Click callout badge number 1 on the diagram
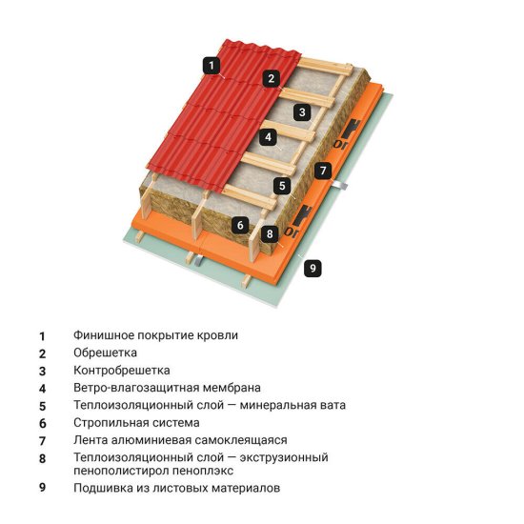(x=211, y=65)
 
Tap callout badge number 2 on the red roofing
(x=272, y=78)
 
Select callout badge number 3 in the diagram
(x=301, y=112)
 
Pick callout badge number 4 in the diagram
(x=270, y=137)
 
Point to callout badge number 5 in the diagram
(x=281, y=186)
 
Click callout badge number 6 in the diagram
(x=241, y=225)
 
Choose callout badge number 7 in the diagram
(x=323, y=171)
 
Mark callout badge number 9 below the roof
(x=311, y=269)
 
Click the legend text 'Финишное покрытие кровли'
(x=155, y=335)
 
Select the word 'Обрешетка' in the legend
(x=105, y=353)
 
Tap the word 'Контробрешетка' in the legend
(x=121, y=370)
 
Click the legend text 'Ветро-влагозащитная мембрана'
(x=167, y=388)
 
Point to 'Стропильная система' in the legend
(x=136, y=422)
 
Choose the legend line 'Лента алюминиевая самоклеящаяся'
(x=180, y=440)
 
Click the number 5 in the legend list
(x=42, y=405)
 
